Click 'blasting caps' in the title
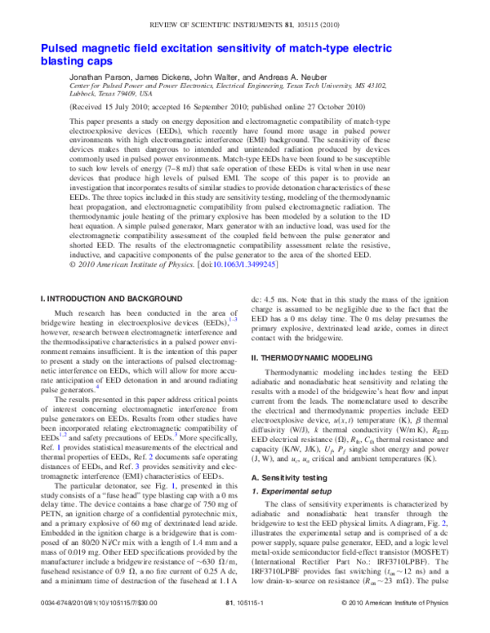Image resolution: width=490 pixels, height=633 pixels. coord(76,61)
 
